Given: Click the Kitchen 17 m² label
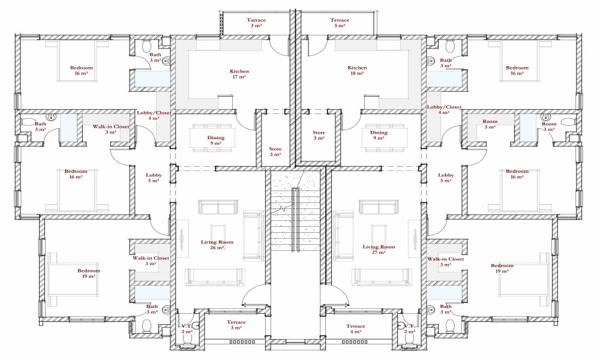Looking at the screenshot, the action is (239, 74).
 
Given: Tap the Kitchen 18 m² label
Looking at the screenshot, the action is (357, 70).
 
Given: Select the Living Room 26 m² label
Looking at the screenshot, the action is (217, 244).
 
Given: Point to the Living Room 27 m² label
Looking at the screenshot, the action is (379, 250).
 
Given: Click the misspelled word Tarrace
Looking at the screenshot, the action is (256, 20).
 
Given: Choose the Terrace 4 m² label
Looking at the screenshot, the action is (355, 329).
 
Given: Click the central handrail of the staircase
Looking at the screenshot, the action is (295, 220).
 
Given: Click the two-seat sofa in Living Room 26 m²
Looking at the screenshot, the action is (218, 208).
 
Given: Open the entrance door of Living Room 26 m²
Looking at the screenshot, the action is (256, 295).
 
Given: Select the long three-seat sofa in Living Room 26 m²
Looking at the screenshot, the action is (215, 277).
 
